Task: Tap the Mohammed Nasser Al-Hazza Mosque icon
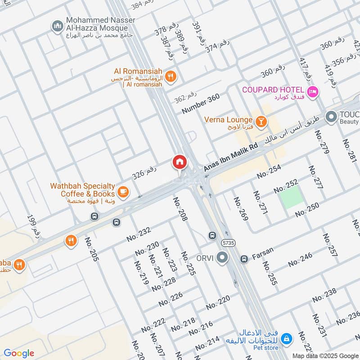[x=57, y=27]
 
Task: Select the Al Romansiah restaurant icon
[x=170, y=76]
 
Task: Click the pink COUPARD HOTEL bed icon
[x=314, y=92]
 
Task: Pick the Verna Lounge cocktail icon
[x=261, y=121]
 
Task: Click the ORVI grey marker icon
[x=222, y=258]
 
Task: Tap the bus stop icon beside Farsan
[x=244, y=259]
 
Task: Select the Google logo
[x=19, y=353]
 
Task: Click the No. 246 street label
[x=300, y=260]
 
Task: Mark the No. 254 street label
[x=269, y=172]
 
